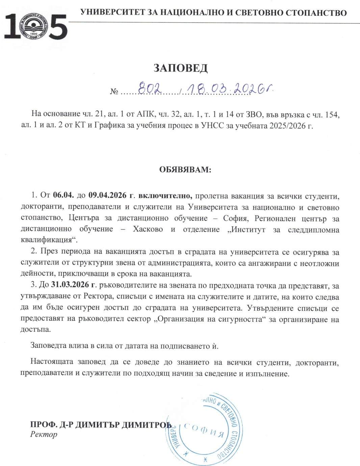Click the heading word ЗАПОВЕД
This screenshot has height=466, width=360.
point(180,68)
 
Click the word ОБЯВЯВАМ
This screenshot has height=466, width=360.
point(185,170)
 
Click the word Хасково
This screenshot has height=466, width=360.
point(148,229)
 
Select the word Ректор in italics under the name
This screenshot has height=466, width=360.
point(44,434)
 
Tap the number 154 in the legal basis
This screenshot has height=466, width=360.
point(330,115)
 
